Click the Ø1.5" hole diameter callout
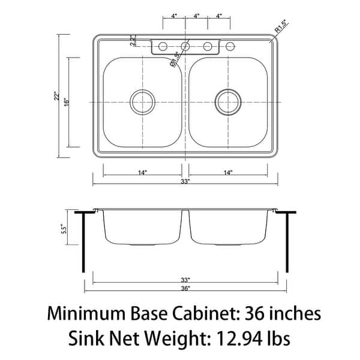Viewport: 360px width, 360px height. point(175,61)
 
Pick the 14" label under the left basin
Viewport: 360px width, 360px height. point(142,173)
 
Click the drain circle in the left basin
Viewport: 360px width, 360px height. point(143,101)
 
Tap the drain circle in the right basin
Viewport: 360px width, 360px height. point(228,101)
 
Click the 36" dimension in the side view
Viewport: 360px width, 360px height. point(185,288)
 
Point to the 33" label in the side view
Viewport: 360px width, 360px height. point(185,280)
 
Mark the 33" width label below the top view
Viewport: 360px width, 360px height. point(185,181)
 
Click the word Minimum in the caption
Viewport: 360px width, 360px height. point(89,313)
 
